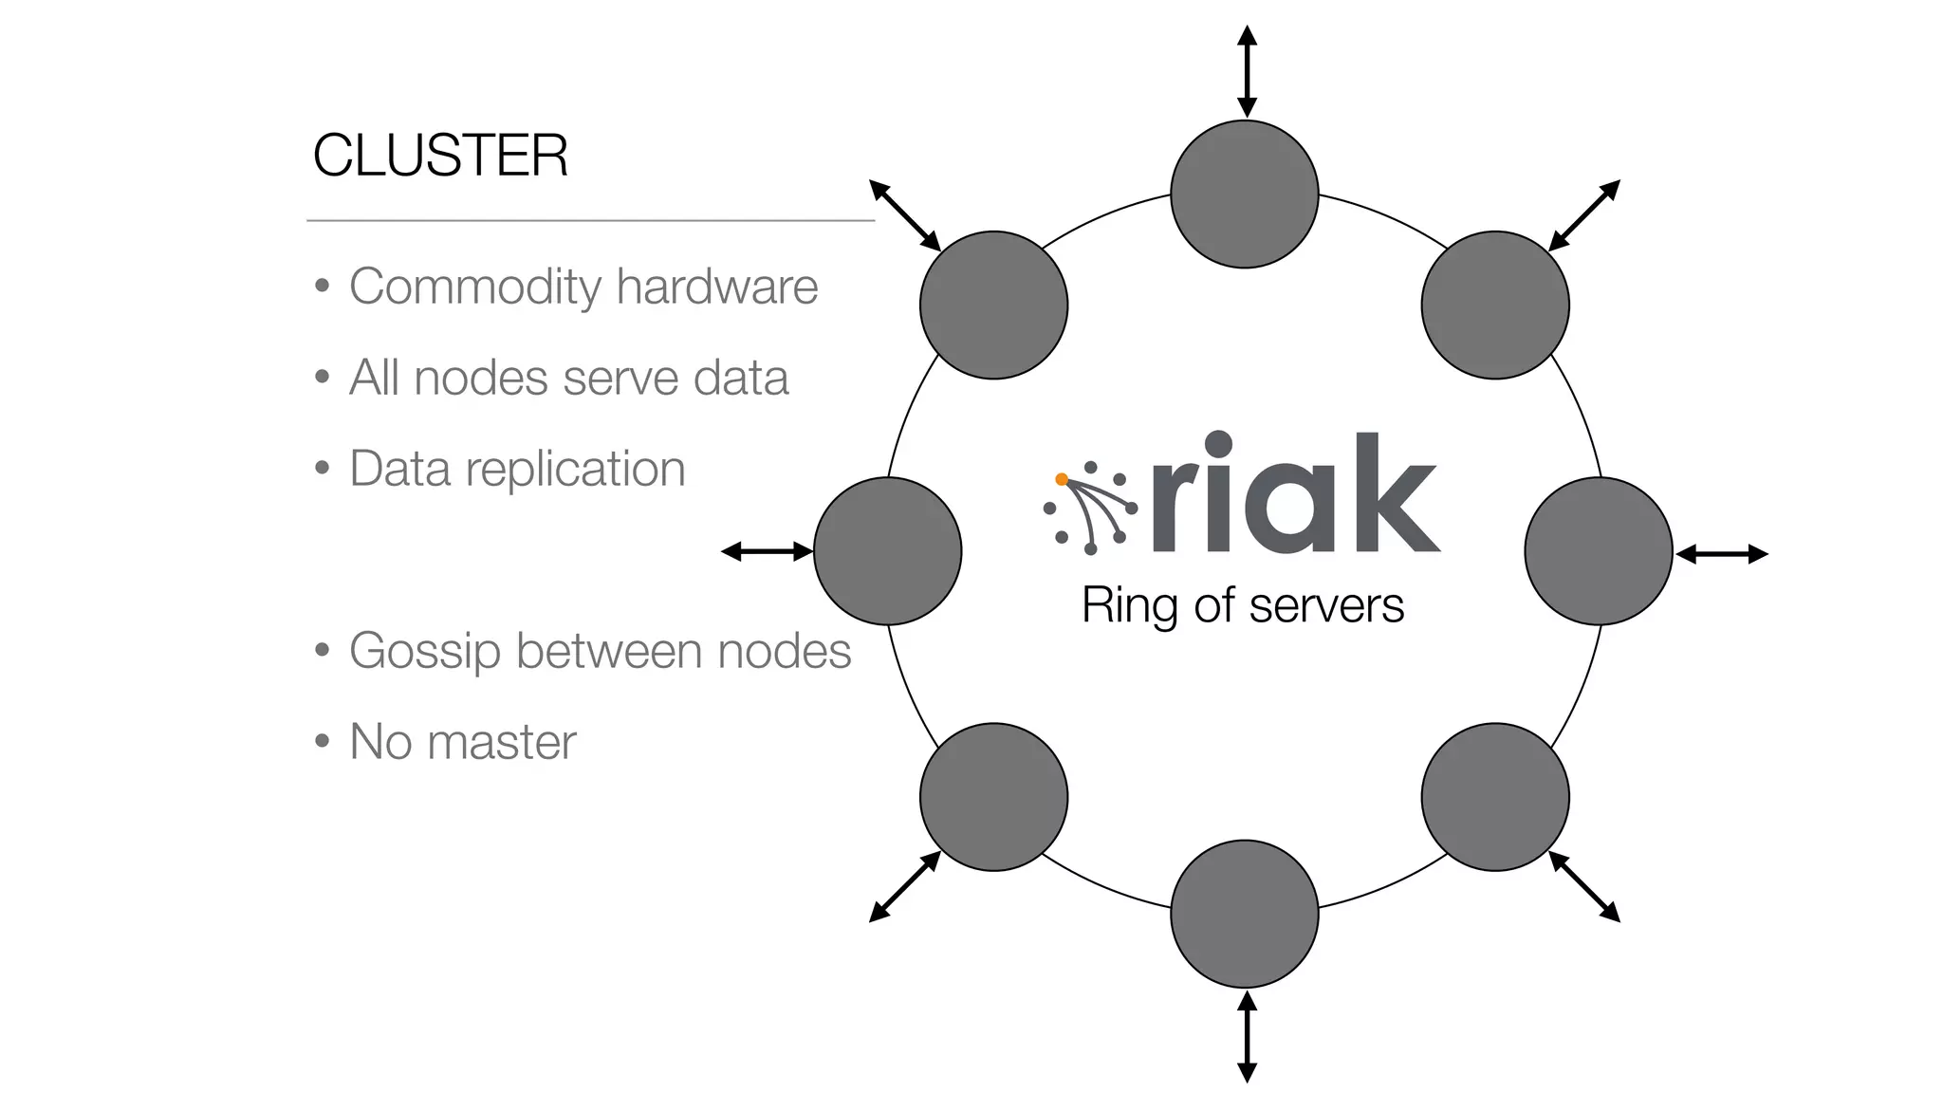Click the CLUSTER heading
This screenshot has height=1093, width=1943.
pyautogui.click(x=440, y=156)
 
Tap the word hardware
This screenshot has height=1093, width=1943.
pyautogui.click(x=716, y=287)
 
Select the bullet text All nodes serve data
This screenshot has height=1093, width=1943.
pyautogui.click(x=568, y=378)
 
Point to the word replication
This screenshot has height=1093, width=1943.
pyautogui.click(x=575, y=469)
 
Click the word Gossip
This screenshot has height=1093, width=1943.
pyautogui.click(x=424, y=652)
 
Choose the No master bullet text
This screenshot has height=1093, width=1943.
pyautogui.click(x=462, y=742)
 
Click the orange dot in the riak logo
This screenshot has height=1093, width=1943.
pyautogui.click(x=1062, y=479)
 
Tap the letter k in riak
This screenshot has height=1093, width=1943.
pyautogui.click(x=1395, y=493)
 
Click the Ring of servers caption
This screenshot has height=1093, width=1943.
pyautogui.click(x=1242, y=605)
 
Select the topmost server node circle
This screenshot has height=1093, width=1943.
pyautogui.click(x=1244, y=195)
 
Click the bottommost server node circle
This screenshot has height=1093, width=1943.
pyautogui.click(x=1244, y=914)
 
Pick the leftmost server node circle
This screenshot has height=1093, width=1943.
pyautogui.click(x=887, y=551)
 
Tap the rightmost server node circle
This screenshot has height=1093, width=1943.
pyautogui.click(x=1599, y=551)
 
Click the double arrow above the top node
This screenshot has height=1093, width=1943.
pyautogui.click(x=1248, y=72)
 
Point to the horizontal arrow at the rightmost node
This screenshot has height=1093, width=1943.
pyautogui.click(x=1722, y=554)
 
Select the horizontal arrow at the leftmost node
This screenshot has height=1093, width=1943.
pyautogui.click(x=768, y=551)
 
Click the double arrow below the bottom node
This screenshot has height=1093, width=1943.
pyautogui.click(x=1248, y=1036)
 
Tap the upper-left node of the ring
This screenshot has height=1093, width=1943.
pyautogui.click(x=993, y=306)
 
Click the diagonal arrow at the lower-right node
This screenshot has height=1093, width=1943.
pyautogui.click(x=1584, y=887)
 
